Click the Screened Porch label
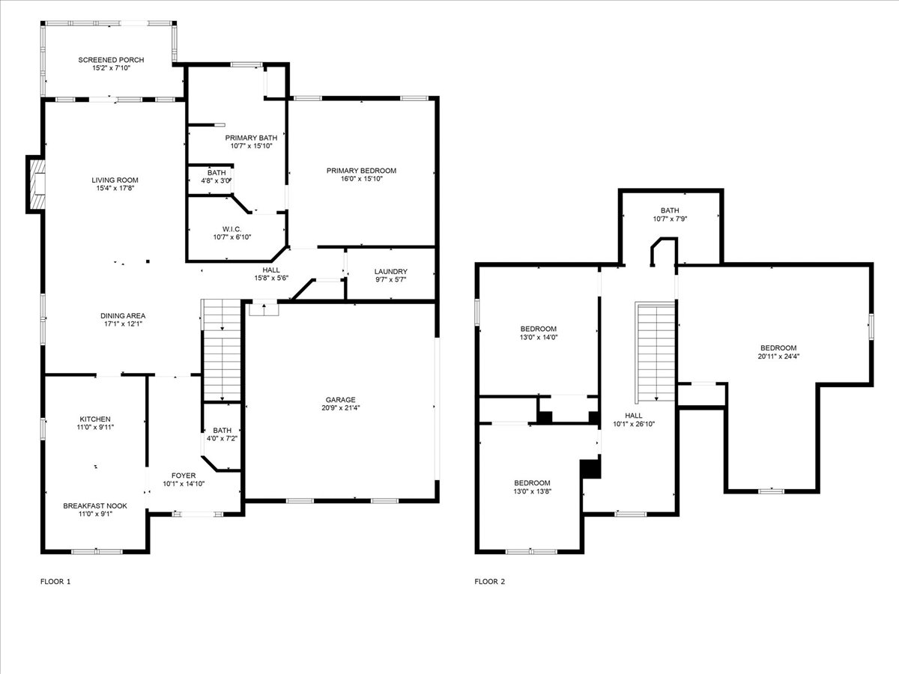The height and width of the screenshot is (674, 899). [x=111, y=60]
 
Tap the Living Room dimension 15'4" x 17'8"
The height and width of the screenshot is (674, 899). [x=115, y=189]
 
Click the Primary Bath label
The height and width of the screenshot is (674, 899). [x=251, y=138]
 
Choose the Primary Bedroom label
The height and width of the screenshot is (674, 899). [x=361, y=171]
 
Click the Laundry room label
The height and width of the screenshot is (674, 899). [x=390, y=271]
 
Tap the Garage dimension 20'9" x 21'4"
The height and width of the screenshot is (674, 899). [x=340, y=409]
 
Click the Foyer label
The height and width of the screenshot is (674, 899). [x=184, y=476]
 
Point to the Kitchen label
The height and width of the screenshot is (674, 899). [x=96, y=419]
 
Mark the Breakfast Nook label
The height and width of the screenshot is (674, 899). [x=94, y=506]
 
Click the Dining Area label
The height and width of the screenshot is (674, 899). [x=123, y=315]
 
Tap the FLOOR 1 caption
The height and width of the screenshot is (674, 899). [x=55, y=581]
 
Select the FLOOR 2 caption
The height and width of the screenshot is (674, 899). [x=490, y=581]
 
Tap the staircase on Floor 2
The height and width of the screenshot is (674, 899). [x=656, y=352]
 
